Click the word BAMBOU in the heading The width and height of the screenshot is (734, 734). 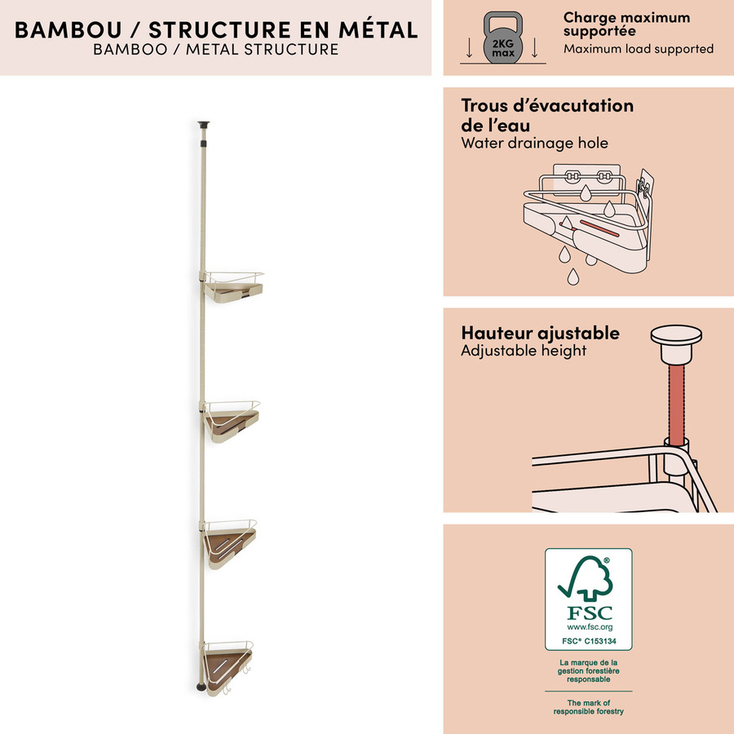point(69,30)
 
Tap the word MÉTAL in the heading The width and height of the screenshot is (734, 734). point(378,29)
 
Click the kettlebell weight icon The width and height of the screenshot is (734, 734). point(502,38)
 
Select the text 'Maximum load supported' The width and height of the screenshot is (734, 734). point(639,49)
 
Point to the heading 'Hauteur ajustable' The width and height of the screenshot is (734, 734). point(540,334)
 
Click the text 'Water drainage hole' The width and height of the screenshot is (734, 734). point(534,143)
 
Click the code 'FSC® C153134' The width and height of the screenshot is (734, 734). point(589,641)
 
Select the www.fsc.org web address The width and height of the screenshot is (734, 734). point(590,627)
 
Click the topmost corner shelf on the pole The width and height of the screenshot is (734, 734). point(232,287)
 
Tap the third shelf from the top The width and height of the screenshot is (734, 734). point(228,543)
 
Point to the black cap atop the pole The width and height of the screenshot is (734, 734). point(203,125)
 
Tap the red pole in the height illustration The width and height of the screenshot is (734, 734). point(676,405)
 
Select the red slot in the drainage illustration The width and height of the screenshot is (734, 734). point(599,228)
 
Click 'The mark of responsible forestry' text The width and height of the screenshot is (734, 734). point(588,707)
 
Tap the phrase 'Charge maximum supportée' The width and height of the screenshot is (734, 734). point(626,24)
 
